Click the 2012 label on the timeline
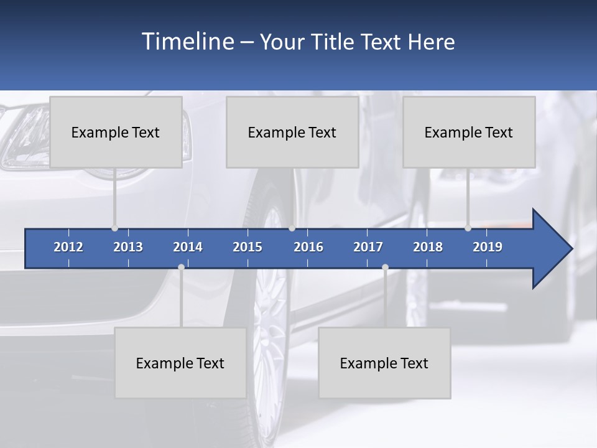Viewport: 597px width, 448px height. coord(68,247)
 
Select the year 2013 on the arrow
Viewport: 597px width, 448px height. coord(128,247)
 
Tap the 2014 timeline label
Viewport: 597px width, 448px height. coord(188,247)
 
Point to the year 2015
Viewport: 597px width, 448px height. coord(248,247)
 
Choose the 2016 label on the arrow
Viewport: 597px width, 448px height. coord(308,247)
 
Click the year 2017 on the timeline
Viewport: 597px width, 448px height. coord(368,247)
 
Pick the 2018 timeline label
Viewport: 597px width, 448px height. coord(428,247)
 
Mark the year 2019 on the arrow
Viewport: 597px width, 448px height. coord(488,247)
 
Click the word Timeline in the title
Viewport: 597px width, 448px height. coord(187,42)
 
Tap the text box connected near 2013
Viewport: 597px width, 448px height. coord(116,132)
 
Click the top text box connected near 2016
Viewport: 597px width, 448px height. coord(292,132)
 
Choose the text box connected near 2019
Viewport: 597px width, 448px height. coord(469,132)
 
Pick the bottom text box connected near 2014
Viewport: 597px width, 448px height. coord(180,363)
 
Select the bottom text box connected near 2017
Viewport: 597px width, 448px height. coord(384,363)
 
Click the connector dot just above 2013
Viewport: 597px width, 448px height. coord(114,228)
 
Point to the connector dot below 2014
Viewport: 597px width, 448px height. coord(181,268)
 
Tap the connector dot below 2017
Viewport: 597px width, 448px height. coord(385,268)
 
